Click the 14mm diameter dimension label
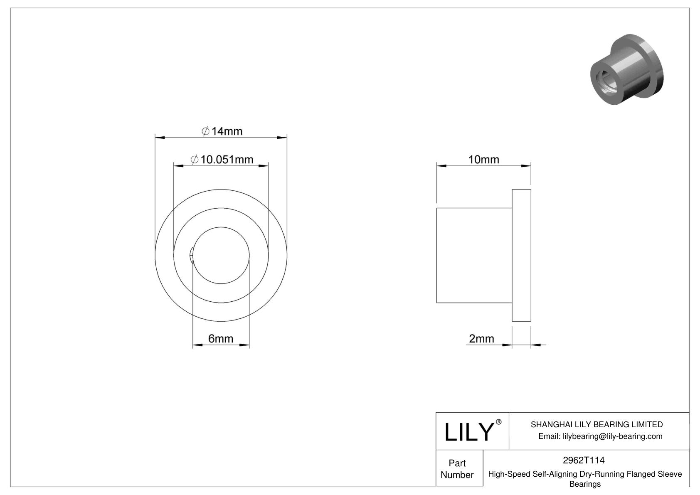point(222,131)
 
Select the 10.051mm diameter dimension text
point(222,160)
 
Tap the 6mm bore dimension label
point(221,339)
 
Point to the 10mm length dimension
point(483,160)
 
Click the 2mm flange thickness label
point(481,339)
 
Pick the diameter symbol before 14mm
point(205,132)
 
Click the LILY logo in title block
point(468,432)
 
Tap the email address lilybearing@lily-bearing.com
point(612,436)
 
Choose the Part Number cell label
point(457,469)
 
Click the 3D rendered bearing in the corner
point(627,69)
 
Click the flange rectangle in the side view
point(521,255)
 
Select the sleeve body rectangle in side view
point(474,255)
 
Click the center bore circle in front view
point(221,255)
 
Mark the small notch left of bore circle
point(192,255)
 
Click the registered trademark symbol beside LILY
point(499,422)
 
